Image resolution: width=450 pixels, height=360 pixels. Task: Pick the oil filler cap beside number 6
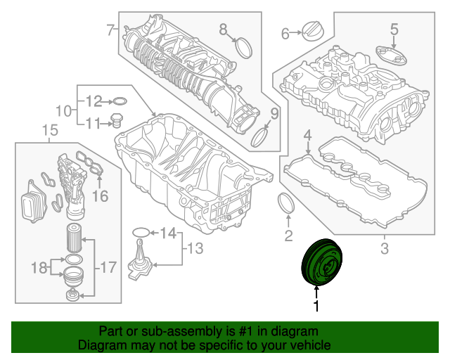click(x=310, y=30)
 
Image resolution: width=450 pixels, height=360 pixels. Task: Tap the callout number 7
click(x=110, y=30)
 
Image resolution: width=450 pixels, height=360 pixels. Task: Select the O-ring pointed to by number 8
click(x=244, y=48)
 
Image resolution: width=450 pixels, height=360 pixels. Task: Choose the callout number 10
click(x=63, y=110)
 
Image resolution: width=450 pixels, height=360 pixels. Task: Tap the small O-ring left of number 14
click(x=140, y=232)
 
